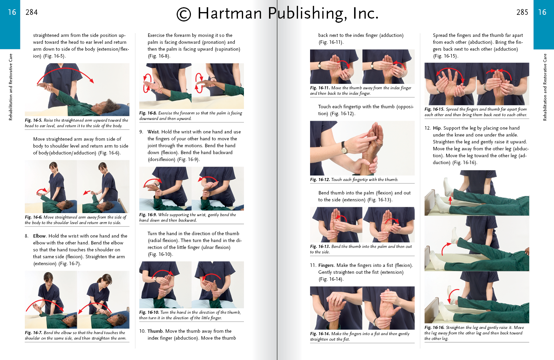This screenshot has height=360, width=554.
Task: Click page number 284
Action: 31,12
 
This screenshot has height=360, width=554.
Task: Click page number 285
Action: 522,12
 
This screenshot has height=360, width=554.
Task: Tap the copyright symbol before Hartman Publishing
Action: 184,14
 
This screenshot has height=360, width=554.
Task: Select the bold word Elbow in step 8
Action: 39,236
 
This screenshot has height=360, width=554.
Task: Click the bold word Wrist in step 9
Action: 153,132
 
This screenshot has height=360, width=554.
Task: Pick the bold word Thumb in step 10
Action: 155,331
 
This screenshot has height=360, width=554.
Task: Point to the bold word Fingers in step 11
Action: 326,266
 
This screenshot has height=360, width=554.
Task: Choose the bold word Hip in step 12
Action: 437,128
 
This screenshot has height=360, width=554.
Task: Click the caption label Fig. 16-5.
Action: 33,120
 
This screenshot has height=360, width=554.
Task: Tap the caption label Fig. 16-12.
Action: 320,180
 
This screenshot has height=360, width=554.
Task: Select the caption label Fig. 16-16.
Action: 434,328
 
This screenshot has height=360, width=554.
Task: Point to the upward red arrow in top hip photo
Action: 450,200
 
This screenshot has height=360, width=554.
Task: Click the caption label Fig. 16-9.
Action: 148,215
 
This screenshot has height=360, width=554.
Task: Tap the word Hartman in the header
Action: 229,13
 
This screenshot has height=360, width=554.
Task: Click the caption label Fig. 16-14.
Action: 320,334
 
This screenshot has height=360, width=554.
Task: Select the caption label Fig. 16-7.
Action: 33,333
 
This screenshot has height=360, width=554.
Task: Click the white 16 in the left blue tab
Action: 12,12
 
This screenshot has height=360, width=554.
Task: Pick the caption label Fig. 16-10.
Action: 149,312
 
